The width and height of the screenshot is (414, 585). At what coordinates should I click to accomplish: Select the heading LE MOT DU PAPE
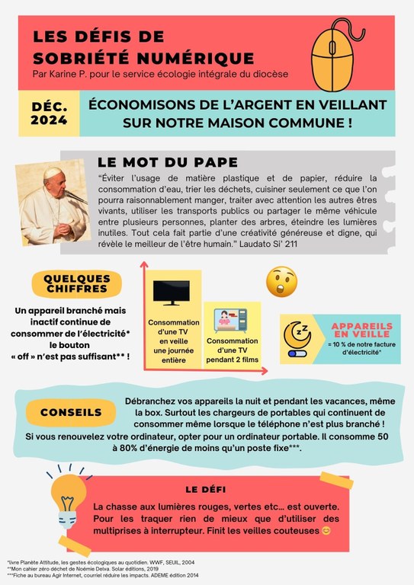pyautogui.click(x=168, y=162)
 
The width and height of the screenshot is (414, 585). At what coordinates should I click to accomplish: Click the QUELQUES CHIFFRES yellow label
pyautogui.click(x=77, y=283)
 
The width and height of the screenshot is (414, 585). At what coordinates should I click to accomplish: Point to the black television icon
pyautogui.click(x=173, y=293)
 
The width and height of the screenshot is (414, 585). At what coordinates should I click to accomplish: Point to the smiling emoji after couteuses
pyautogui.click(x=326, y=530)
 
